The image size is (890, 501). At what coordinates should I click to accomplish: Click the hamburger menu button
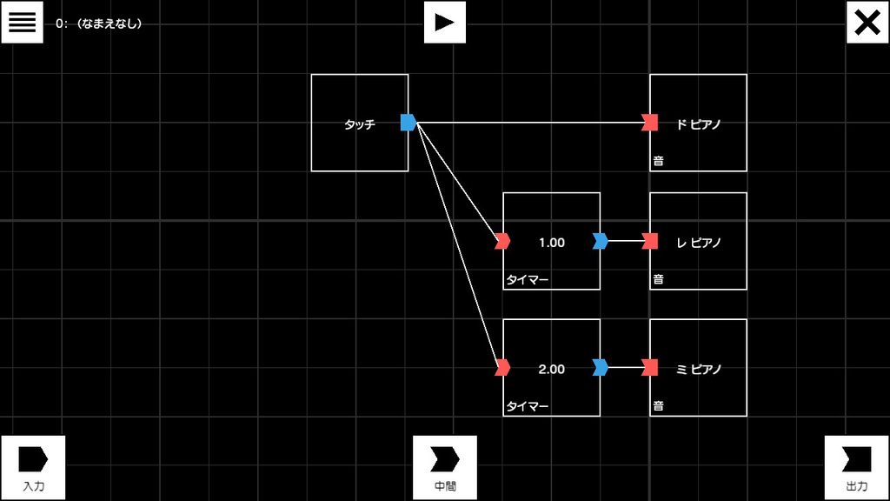click(22, 22)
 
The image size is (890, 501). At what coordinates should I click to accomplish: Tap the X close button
click(867, 22)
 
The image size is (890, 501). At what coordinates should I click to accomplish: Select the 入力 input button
click(34, 467)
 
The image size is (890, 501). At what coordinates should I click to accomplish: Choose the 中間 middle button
click(445, 467)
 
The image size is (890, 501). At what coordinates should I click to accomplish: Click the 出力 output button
click(856, 467)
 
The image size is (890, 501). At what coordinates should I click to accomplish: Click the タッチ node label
click(360, 124)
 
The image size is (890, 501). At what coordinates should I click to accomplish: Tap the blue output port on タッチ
click(408, 122)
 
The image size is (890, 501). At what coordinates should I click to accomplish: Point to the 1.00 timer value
click(552, 243)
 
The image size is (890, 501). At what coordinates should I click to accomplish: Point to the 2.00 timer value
click(552, 369)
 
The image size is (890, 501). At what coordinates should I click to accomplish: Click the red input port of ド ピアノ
click(650, 122)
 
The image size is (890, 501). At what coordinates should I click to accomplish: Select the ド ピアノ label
click(699, 124)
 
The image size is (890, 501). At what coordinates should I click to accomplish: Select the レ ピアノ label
click(699, 243)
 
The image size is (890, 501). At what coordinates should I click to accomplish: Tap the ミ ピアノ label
click(699, 369)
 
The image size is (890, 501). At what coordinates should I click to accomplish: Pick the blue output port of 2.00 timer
click(601, 368)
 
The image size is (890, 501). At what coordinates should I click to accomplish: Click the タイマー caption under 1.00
click(528, 279)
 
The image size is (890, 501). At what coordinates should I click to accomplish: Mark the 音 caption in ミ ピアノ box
click(659, 405)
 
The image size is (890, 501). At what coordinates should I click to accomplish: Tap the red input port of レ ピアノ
click(650, 241)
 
